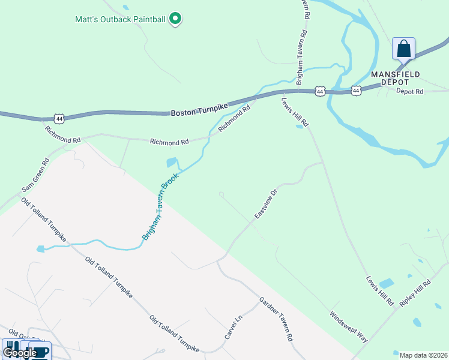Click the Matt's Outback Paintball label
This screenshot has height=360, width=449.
tap(120, 19)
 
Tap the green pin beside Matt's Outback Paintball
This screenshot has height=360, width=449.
tap(175, 19)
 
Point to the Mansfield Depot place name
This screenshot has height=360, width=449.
tap(395, 77)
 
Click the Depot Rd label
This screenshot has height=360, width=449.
tap(410, 91)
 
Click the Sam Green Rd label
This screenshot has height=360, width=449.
tap(35, 175)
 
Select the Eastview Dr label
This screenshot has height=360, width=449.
tap(265, 204)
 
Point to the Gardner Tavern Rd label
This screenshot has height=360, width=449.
tap(276, 319)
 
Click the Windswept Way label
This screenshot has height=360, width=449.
tap(348, 326)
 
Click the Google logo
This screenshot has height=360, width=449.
tap(19, 353)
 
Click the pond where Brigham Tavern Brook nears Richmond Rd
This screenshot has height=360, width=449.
tap(172, 163)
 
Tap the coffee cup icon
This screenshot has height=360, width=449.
tap(40, 351)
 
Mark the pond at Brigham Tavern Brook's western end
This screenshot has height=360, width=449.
tap(40, 248)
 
